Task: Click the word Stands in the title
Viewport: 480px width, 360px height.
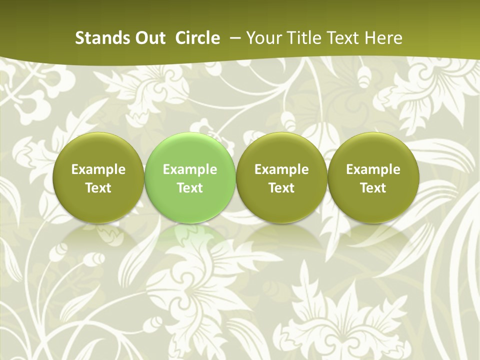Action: point(99,38)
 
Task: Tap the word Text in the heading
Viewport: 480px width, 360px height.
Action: point(342,38)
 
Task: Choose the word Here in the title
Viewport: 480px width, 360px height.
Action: point(383,38)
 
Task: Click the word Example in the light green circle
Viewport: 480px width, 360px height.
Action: point(190,169)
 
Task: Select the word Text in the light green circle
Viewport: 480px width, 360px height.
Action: point(190,188)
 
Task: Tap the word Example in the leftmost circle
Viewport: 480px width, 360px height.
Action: point(98,169)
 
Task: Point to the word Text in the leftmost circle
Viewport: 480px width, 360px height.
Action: point(98,188)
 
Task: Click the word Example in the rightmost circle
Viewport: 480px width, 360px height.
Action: point(373,169)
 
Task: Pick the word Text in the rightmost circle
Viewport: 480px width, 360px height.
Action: point(373,188)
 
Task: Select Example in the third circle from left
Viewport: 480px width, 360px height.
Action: point(281,169)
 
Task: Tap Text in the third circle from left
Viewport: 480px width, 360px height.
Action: point(281,188)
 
